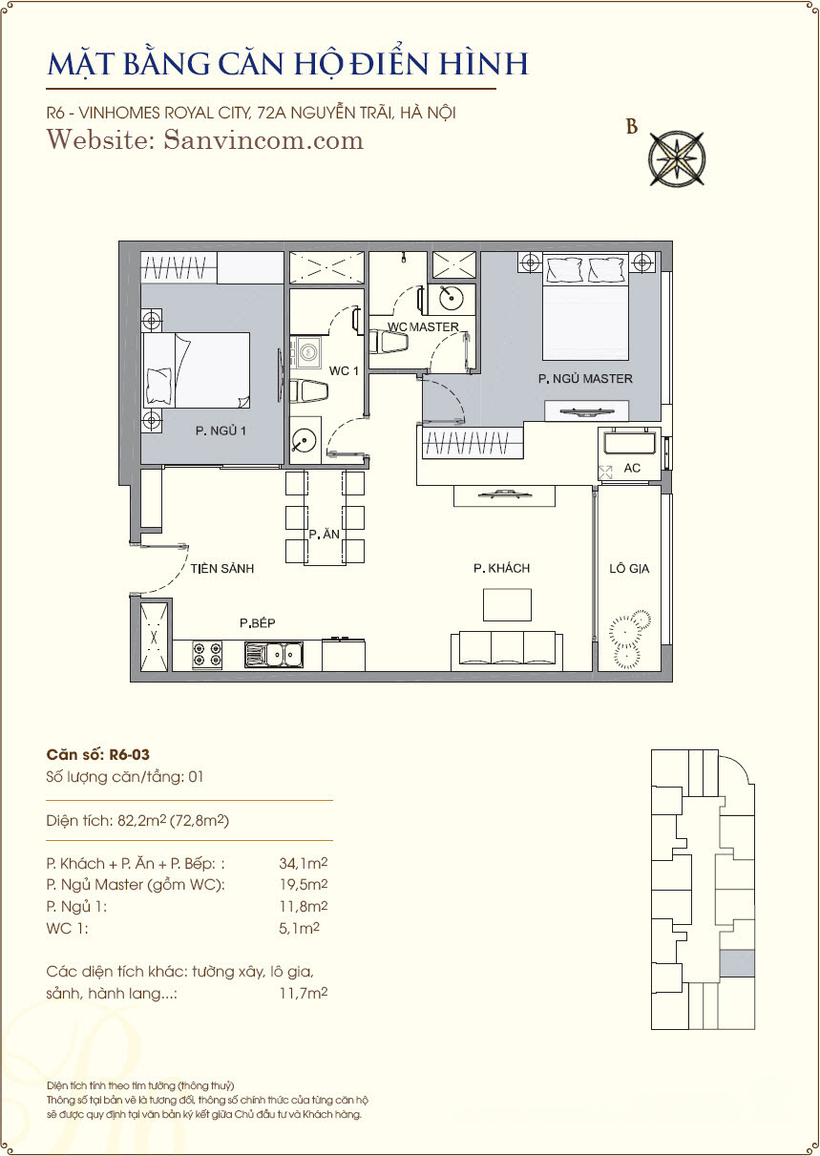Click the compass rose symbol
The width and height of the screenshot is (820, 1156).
[x=677, y=158]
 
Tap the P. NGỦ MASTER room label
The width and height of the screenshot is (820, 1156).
[x=585, y=379]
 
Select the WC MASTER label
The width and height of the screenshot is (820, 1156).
[x=423, y=326]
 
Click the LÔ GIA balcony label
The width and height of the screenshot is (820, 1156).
[x=629, y=569]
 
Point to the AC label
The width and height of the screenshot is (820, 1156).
[x=632, y=468]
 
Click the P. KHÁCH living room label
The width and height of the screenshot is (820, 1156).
[x=501, y=568]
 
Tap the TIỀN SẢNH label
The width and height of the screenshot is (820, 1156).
[x=221, y=568]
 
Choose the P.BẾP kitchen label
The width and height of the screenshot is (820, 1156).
[x=257, y=623]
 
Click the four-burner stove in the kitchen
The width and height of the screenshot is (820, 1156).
[x=207, y=655]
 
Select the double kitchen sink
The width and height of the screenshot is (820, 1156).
[x=274, y=655]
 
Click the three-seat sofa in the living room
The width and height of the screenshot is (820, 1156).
[x=507, y=651]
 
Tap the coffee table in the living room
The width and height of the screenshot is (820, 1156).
[x=507, y=605]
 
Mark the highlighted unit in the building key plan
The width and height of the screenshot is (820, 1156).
[x=737, y=963]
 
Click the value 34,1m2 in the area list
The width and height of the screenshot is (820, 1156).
[x=304, y=863]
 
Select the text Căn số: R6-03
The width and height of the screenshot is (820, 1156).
[x=98, y=754]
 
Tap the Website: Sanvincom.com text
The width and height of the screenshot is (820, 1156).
[x=205, y=140]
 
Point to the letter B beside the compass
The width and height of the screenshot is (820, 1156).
[x=632, y=126]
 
